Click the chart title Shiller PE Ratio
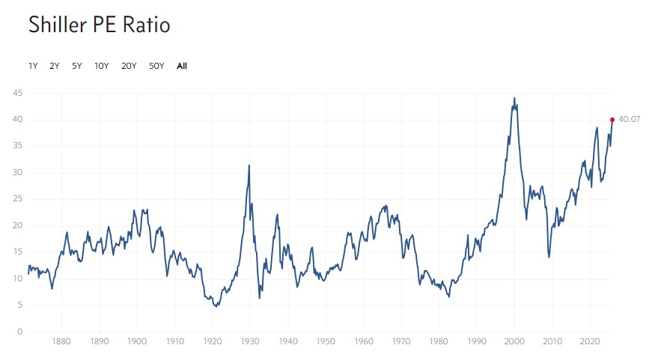[x=99, y=25]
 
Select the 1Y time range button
[x=33, y=66]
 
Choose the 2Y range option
[x=55, y=66]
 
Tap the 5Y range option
[x=77, y=66]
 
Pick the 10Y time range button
[x=101, y=66]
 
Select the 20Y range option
[x=129, y=66]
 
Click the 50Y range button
[x=156, y=66]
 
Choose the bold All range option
[x=182, y=66]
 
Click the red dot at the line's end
[x=612, y=120]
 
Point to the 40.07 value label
[x=630, y=120]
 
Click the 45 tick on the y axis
[x=17, y=93]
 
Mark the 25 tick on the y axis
[x=17, y=199]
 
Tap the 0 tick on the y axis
[x=20, y=332]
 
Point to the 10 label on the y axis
[x=17, y=278]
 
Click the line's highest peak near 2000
[x=514, y=98]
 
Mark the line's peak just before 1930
[x=249, y=165]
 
